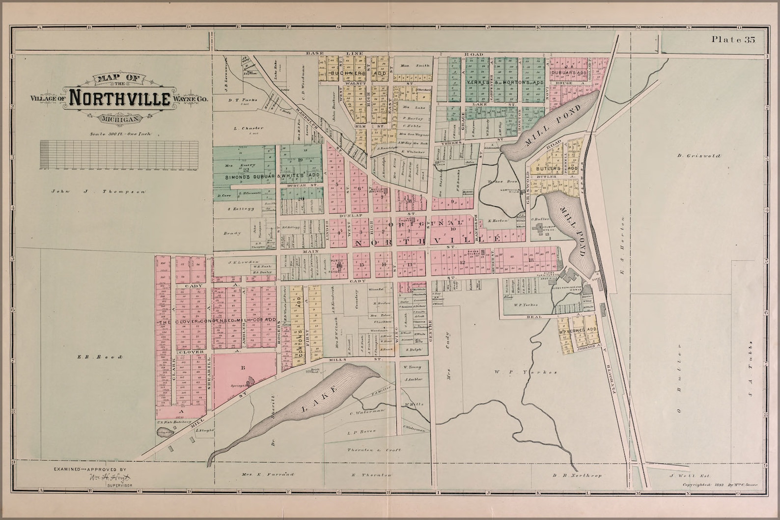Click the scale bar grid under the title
(119, 155)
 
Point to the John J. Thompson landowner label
(98, 192)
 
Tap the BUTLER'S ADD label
(555, 168)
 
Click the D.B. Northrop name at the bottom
(577, 475)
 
